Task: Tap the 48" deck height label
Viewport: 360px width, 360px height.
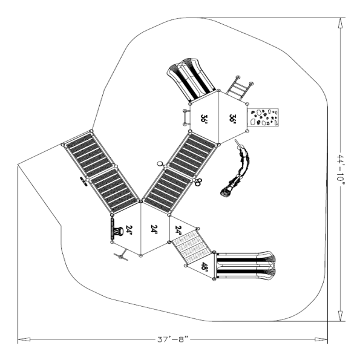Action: tap(205, 267)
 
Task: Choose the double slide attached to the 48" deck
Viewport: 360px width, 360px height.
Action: tap(247, 266)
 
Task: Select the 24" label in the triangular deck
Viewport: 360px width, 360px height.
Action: tap(177, 230)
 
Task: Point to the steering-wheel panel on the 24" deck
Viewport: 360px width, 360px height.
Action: tap(116, 230)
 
